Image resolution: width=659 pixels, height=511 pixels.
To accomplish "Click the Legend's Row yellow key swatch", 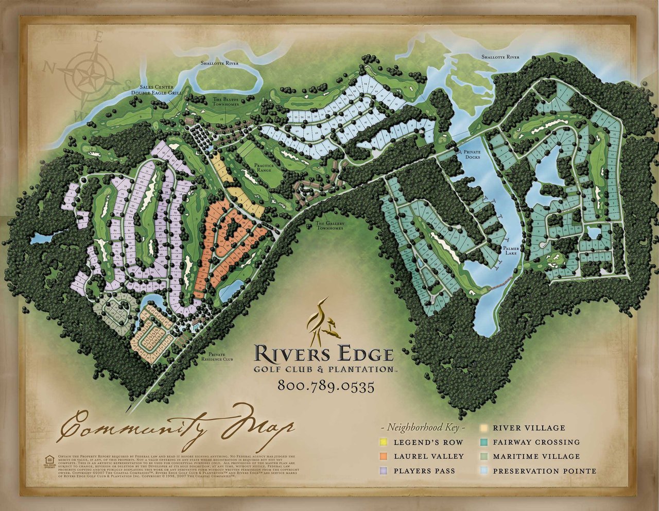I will coord(383,442).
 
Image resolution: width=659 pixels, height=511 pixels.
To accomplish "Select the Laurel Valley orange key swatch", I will coord(383,456).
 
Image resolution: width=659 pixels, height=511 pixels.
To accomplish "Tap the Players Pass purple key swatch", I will coord(383,471).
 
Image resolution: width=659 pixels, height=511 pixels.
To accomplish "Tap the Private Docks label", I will coord(472,155).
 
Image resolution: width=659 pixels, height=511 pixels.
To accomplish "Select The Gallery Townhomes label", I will coord(329,226).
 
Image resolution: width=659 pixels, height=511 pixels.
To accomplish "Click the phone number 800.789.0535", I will coord(325,386).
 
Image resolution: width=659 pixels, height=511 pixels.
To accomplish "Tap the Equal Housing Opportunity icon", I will coord(50,459).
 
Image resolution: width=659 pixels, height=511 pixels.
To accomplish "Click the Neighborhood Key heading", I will coord(423,428).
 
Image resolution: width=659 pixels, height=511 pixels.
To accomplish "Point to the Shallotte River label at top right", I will coord(500,57).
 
